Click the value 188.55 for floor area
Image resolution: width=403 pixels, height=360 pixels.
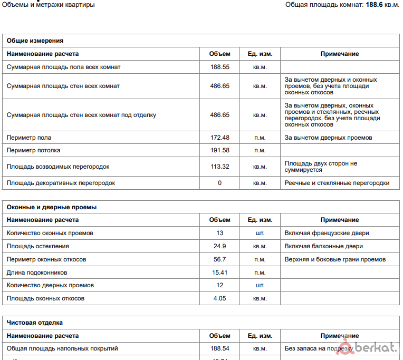coord(219,67)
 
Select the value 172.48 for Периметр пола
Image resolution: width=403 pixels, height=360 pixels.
coord(219,138)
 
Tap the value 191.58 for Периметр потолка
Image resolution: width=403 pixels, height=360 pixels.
coord(219,150)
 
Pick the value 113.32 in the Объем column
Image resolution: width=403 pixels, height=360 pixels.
coord(219,167)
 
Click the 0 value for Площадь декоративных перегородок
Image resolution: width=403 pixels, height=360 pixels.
coord(219,183)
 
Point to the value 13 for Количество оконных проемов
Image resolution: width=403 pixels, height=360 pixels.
coord(219,233)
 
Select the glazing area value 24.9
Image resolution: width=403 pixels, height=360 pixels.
coord(219,246)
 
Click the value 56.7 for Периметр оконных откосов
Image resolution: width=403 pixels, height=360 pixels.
coord(219,259)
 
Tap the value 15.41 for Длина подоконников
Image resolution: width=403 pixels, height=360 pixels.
coord(219,273)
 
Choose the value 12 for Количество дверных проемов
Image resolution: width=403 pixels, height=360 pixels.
coord(219,285)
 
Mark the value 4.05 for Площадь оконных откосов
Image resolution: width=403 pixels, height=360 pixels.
coord(219,298)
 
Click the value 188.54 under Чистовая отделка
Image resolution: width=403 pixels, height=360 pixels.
coord(219,348)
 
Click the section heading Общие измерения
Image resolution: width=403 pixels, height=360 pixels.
coord(35,41)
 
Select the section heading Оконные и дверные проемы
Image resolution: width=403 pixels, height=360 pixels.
coord(51,207)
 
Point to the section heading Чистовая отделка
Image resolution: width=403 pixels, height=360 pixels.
coord(35,323)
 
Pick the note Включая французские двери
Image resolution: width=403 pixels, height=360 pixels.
coord(327,233)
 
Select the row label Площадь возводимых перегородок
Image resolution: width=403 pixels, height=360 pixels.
coord(58,167)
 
